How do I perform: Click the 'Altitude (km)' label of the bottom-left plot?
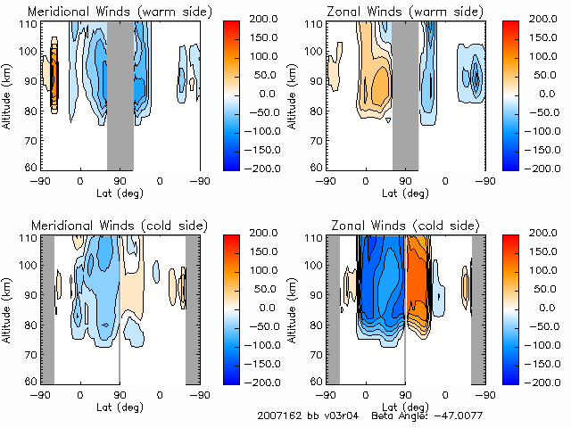tap(7, 309)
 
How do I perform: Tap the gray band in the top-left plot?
tap(120, 94)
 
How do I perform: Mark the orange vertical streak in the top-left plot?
tap(54, 75)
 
